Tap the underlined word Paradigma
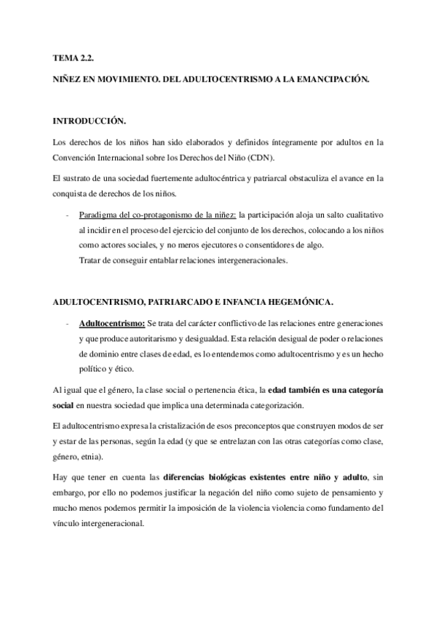click(x=98, y=216)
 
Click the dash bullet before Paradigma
click(x=67, y=216)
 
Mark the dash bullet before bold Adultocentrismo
click(x=67, y=322)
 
